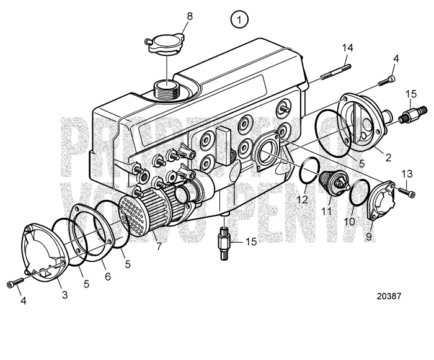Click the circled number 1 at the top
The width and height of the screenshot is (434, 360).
pyautogui.click(x=240, y=19)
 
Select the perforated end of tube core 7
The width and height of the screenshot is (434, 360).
pyautogui.click(x=131, y=214)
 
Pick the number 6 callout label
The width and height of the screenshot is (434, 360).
pyautogui.click(x=107, y=277)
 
